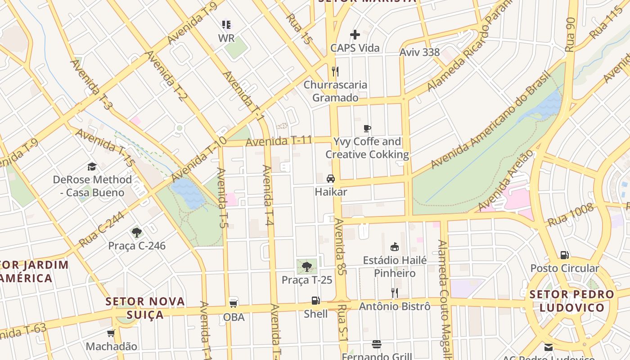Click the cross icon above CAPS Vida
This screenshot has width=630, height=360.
pos(355,35)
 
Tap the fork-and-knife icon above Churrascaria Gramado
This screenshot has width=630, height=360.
pos(335,71)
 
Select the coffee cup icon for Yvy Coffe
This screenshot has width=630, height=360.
pos(367,128)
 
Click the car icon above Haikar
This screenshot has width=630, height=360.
pos(331,178)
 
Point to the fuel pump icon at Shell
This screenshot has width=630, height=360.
pos(315,301)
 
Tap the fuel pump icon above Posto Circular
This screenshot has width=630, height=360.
pos(564,255)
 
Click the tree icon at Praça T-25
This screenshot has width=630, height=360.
pos(307,266)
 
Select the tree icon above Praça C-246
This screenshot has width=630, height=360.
pos(137,233)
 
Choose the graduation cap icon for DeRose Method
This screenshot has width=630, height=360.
pos(92,166)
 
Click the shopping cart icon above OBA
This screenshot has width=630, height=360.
pos(234,303)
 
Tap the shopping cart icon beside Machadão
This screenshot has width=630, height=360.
pos(111,333)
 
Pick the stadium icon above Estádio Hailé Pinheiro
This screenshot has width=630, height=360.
pos(395,247)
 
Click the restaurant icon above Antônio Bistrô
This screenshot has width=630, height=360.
pos(394,293)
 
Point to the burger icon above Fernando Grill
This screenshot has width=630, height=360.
pos(377,344)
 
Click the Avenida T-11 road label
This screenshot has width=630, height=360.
pos(279,141)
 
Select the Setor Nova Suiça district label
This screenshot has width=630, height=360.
pos(145,308)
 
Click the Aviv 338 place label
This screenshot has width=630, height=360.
pos(419,52)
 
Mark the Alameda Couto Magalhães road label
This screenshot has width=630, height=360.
pos(445,292)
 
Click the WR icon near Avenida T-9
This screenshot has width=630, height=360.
pos(226,25)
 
